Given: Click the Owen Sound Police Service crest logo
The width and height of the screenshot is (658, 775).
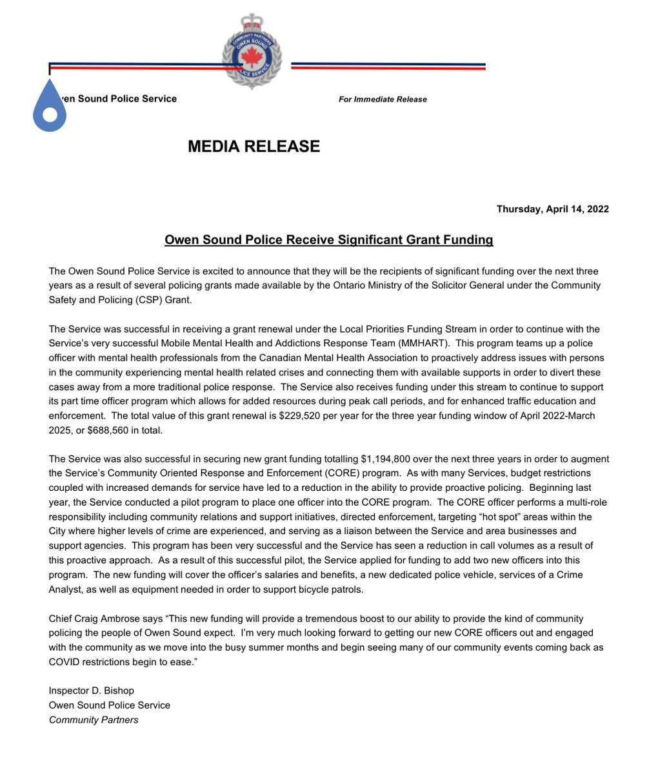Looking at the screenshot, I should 252,52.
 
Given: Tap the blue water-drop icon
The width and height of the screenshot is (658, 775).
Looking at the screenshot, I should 50,107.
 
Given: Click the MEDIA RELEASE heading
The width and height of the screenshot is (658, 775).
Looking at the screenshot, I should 254,147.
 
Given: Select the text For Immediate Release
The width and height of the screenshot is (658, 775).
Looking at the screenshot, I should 383,99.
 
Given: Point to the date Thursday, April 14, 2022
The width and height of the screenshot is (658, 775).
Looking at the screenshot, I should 552,209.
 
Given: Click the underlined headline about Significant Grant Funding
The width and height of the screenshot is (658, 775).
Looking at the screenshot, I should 328,240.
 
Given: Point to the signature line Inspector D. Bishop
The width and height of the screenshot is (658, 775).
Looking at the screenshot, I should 92,691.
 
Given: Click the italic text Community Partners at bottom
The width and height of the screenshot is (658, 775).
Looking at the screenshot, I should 94,719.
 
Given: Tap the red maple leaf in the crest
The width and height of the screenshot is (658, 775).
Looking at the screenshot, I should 252,57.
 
